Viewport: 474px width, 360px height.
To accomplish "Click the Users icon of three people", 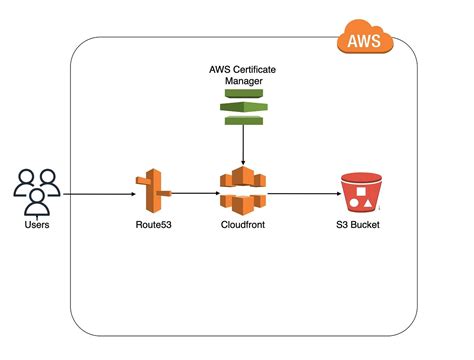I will click(38, 192).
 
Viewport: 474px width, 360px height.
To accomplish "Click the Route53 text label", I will click(153, 226).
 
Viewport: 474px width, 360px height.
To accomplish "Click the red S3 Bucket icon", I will click(359, 191).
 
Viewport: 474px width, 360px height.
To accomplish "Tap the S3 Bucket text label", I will click(359, 226).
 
